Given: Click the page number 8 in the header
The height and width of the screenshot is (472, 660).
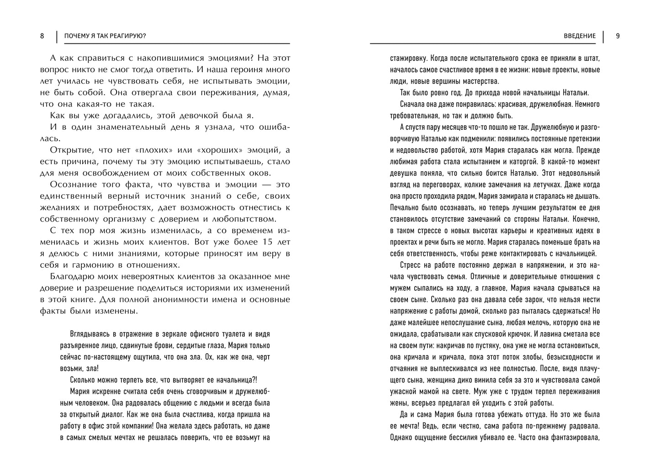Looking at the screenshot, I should pos(42,36).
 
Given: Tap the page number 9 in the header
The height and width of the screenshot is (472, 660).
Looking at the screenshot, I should pos(618,36).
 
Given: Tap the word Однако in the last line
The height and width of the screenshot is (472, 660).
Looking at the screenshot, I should pos(403,437).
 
